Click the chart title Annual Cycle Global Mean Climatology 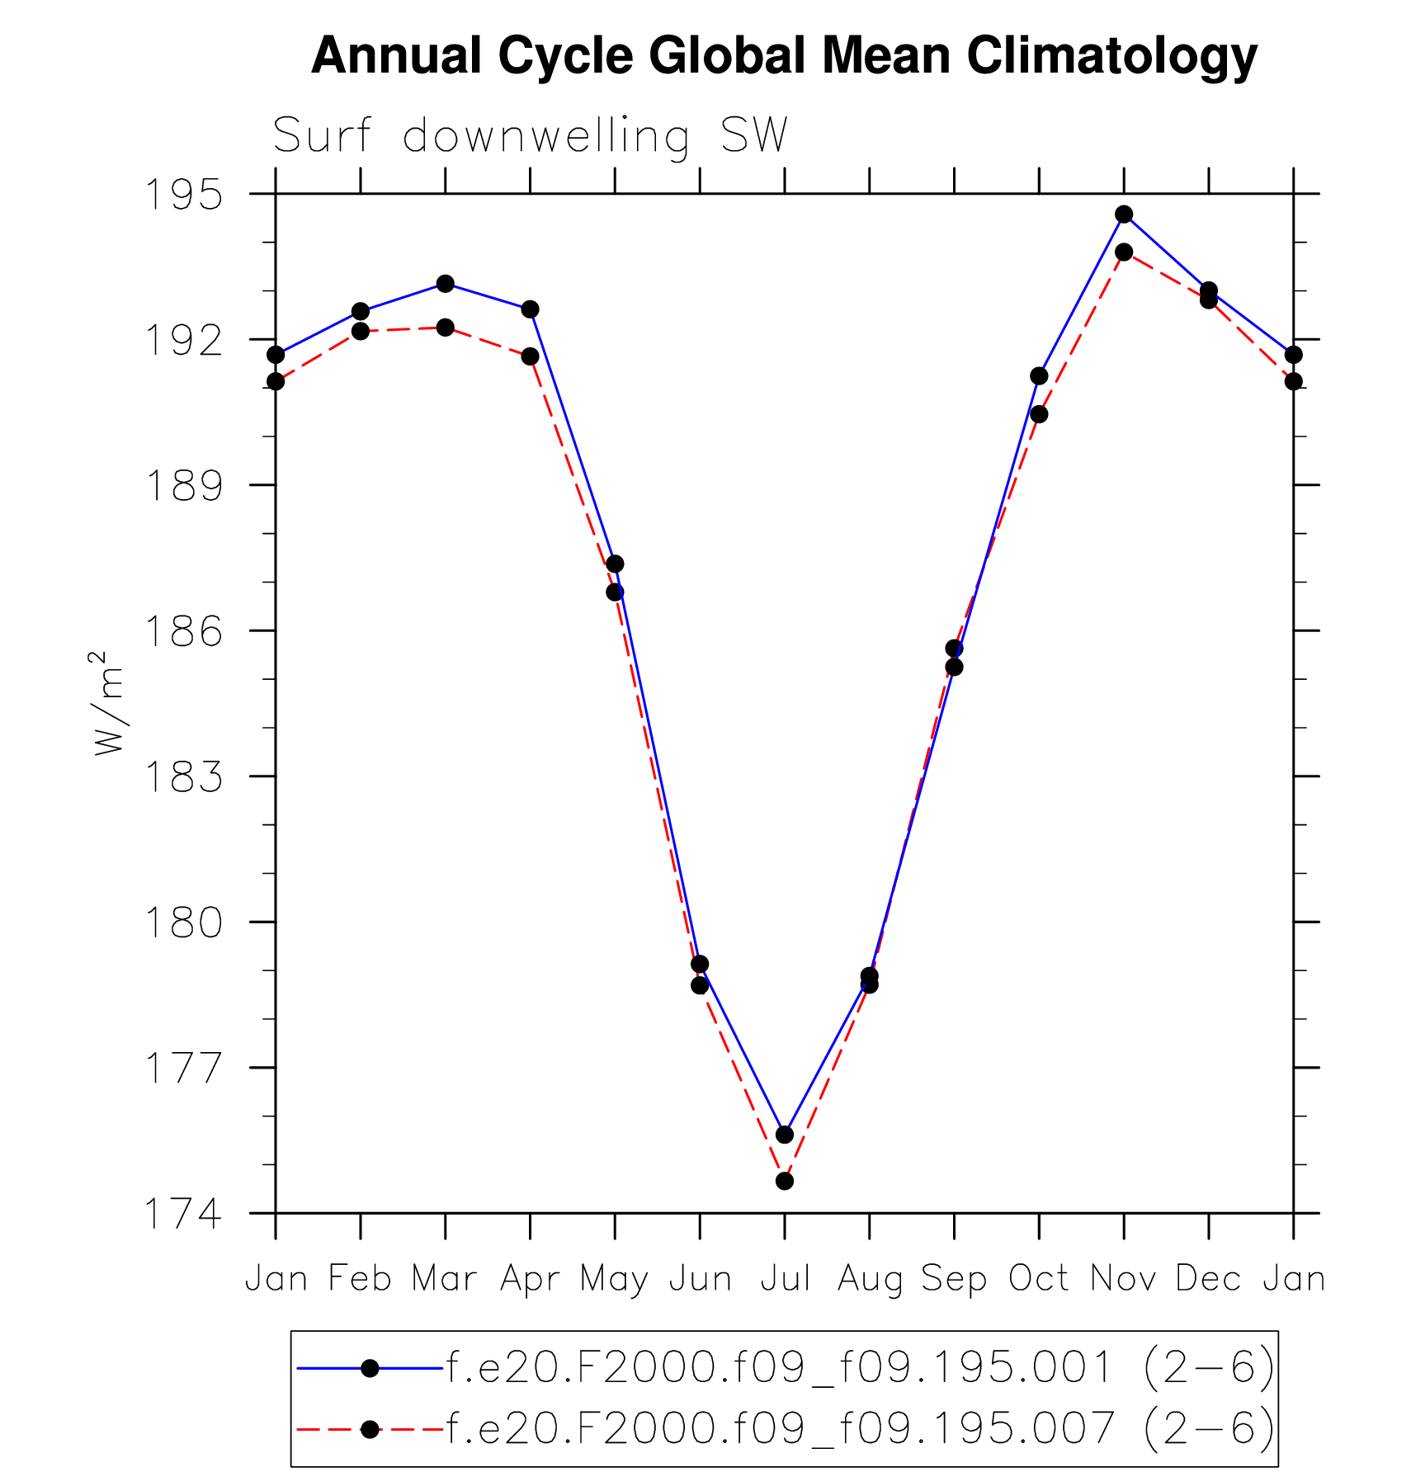click(784, 56)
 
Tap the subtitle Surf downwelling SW click(530, 135)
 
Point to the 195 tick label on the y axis click(183, 195)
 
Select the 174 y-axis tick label click(183, 1214)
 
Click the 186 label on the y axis click(183, 631)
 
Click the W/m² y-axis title click(108, 703)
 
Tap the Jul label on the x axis click(785, 1279)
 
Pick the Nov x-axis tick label click(1123, 1279)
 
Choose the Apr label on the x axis click(530, 1279)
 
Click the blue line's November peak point click(1124, 215)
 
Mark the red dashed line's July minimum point click(785, 1182)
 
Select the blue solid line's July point click(785, 1135)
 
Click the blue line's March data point click(446, 284)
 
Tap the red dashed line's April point click(530, 356)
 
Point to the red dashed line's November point click(1124, 252)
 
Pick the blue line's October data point click(1039, 376)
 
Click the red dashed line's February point click(361, 332)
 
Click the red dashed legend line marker click(370, 1429)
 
